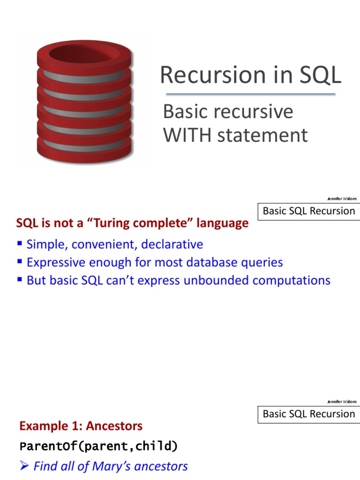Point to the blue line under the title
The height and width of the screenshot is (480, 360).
251,94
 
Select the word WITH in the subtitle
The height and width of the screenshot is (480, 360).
187,135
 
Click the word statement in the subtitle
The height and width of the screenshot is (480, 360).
262,135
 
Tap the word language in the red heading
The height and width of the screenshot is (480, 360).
222,223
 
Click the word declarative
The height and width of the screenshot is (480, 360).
172,244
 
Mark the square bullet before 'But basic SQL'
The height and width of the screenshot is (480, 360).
20,279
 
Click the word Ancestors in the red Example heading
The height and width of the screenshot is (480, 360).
114,426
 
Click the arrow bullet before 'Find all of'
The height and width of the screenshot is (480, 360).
24,466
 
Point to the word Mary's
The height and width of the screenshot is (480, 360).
111,466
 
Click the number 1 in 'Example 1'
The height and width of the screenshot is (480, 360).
79,426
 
